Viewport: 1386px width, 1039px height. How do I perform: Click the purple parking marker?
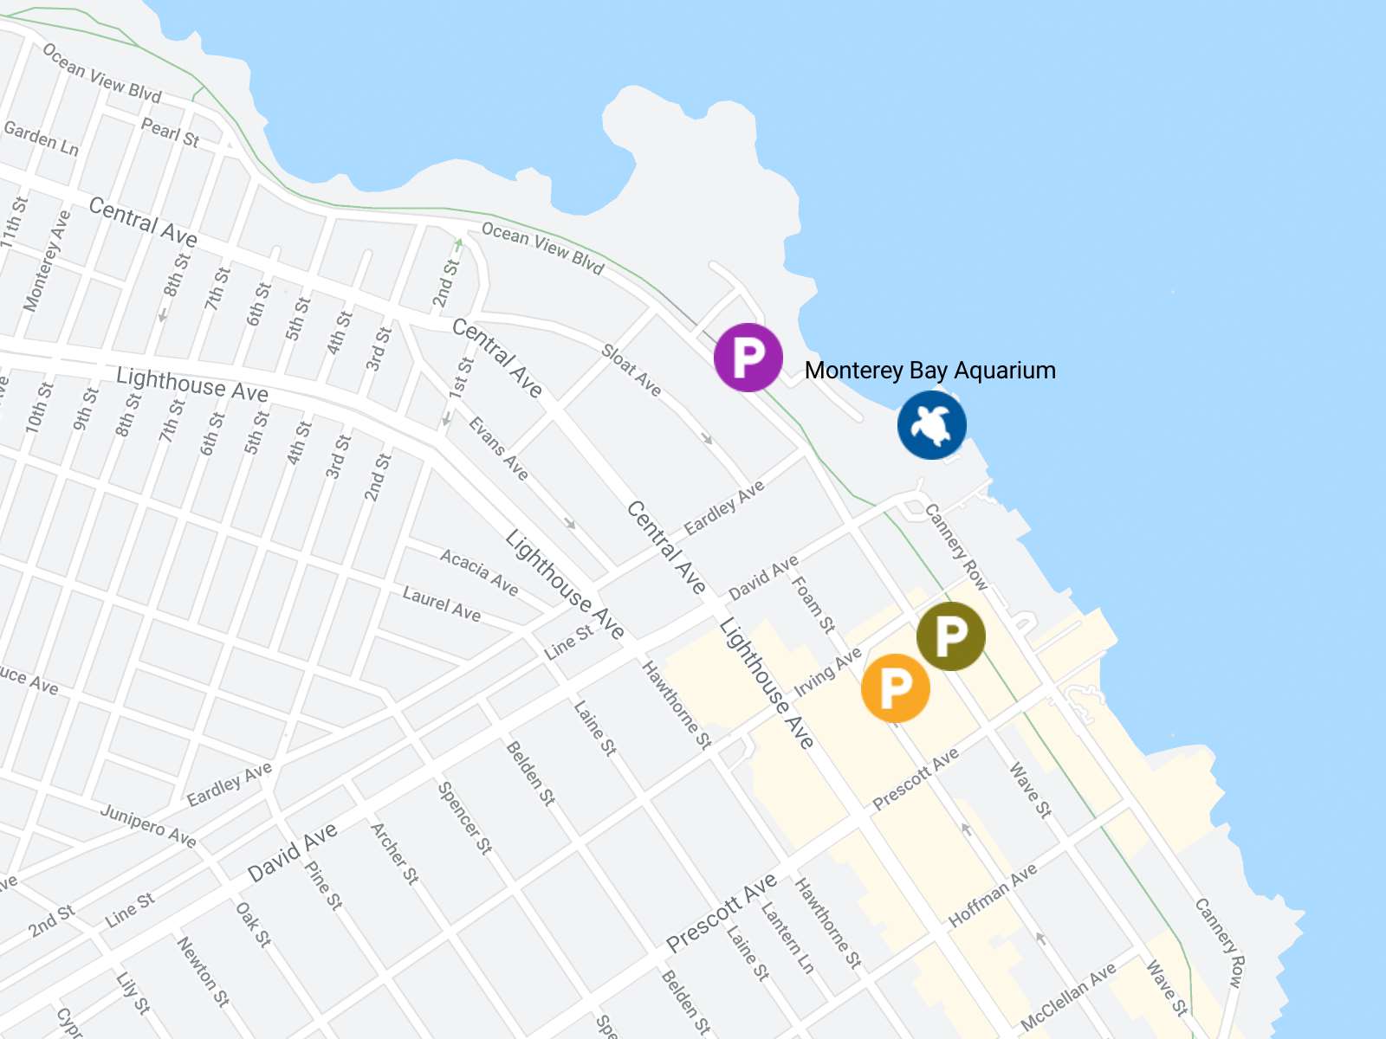tap(748, 357)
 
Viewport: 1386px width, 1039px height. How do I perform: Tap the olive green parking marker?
tap(950, 636)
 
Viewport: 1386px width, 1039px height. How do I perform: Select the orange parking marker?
tap(895, 688)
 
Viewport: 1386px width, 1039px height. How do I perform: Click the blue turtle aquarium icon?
tap(931, 424)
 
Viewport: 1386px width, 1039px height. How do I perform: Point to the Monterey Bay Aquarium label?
tap(929, 371)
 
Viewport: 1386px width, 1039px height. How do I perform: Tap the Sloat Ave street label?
tap(631, 371)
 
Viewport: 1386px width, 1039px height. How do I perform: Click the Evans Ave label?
tap(498, 448)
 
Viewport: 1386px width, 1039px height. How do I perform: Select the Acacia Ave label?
tap(479, 572)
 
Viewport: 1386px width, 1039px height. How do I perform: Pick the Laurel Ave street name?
tap(442, 603)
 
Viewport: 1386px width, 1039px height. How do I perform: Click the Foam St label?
tap(813, 603)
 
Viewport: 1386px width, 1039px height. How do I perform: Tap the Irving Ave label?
tap(828, 671)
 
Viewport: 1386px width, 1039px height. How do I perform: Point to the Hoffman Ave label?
tap(993, 895)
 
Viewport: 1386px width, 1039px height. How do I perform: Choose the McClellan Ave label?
tap(1068, 997)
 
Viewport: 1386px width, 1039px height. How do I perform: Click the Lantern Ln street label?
tap(787, 939)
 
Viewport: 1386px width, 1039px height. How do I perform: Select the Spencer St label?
tap(465, 817)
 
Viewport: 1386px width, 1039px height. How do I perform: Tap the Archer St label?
tap(395, 853)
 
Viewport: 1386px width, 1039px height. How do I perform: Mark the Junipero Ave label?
tap(148, 824)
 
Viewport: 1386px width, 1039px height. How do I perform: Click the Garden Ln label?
tap(42, 139)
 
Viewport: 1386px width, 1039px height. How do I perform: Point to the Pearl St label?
tap(170, 132)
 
